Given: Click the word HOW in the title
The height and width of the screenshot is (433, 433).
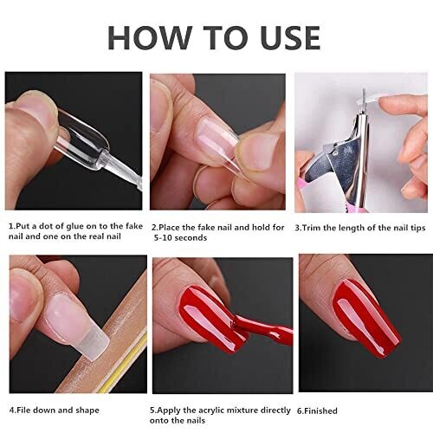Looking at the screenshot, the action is [150, 38].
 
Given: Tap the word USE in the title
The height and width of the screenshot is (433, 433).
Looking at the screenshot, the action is [290, 38].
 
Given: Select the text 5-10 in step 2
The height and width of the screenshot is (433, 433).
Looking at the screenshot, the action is [163, 238].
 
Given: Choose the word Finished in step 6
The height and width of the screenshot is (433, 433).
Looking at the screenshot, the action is [320, 410].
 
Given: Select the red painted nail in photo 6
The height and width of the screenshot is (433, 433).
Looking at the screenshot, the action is [366, 318].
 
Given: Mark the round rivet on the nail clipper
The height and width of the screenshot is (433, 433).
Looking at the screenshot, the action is [335, 154].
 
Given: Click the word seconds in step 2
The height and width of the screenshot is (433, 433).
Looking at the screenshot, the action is [191, 238].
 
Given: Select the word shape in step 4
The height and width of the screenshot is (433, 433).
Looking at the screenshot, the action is [87, 410].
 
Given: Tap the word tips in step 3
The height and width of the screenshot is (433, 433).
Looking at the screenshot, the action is [417, 228].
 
